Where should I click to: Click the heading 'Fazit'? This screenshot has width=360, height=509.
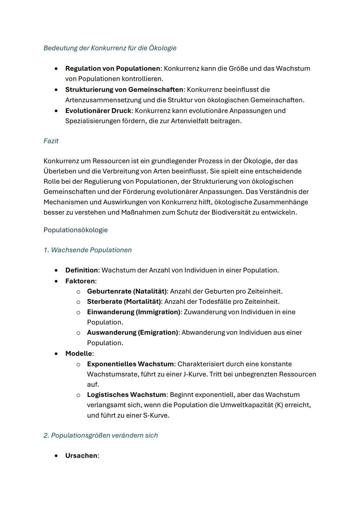pyautogui.click(x=51, y=141)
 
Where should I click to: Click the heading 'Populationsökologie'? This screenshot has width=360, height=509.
pyautogui.click(x=75, y=230)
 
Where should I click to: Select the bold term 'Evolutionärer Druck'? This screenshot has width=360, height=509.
pyautogui.click(x=98, y=111)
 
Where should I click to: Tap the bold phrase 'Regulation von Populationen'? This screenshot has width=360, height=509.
pyautogui.click(x=113, y=69)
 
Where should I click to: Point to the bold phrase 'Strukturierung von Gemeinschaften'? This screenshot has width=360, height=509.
pyautogui.click(x=124, y=90)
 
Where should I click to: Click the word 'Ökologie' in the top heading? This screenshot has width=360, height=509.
pyautogui.click(x=162, y=48)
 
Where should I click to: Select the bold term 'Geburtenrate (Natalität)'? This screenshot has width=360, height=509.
pyautogui.click(x=127, y=291)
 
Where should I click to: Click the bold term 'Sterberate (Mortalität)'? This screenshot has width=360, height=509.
pyautogui.click(x=124, y=302)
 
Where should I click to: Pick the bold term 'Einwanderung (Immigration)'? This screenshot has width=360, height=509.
pyautogui.click(x=134, y=312)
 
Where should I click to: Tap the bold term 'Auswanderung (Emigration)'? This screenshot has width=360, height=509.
pyautogui.click(x=132, y=333)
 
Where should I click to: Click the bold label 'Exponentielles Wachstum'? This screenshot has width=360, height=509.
pyautogui.click(x=130, y=364)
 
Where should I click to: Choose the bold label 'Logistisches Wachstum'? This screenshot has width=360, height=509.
pyautogui.click(x=126, y=395)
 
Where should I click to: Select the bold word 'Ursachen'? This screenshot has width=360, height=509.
pyautogui.click(x=81, y=456)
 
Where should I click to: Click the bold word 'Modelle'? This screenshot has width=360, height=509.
pyautogui.click(x=79, y=353)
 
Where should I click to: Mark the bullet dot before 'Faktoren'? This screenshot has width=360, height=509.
pyautogui.click(x=57, y=281)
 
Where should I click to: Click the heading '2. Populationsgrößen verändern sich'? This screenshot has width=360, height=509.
pyautogui.click(x=100, y=435)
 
